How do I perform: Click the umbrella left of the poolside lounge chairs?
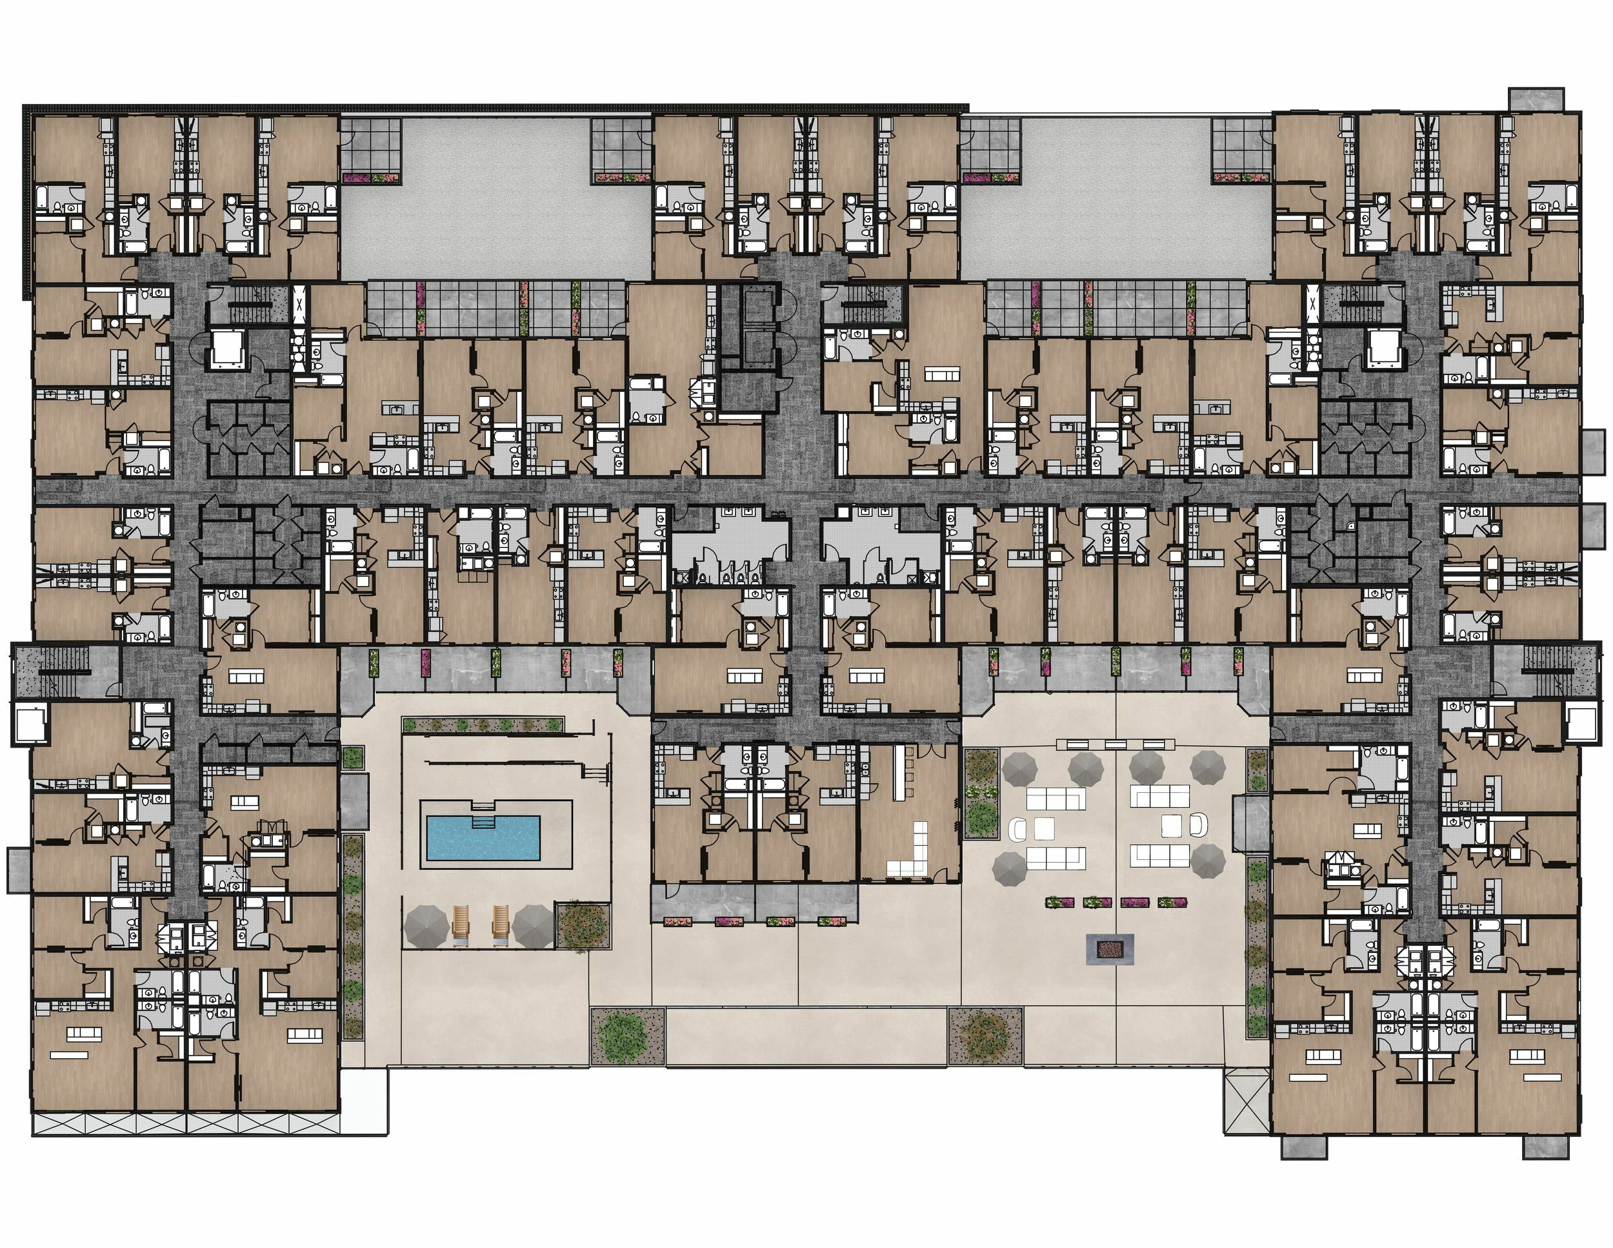pos(426,926)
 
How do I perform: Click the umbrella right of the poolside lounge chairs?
pos(532,926)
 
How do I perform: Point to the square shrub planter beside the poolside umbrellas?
pos(583,925)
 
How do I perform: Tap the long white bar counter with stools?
pos(899,772)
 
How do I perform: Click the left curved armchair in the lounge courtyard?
pos(1019,829)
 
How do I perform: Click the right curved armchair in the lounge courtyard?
pos(1198,824)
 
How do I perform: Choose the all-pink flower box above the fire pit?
pos(1134,902)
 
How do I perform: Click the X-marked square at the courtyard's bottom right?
pos(1247,1104)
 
